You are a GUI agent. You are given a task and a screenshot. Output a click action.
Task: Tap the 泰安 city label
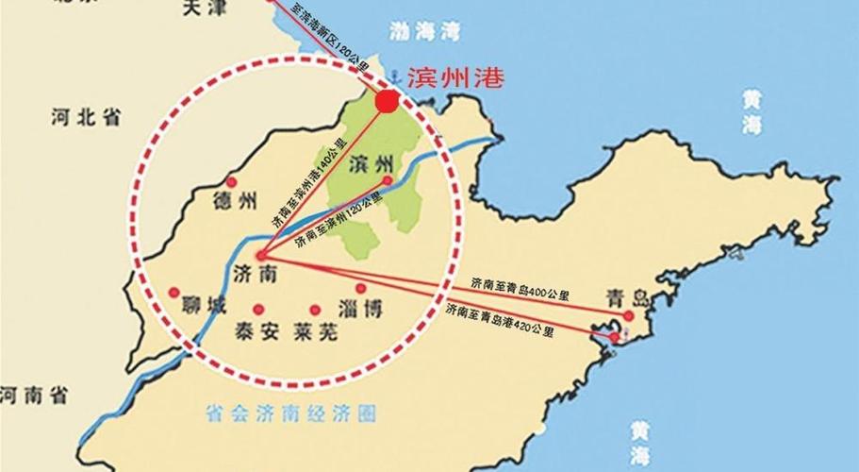coord(255,331)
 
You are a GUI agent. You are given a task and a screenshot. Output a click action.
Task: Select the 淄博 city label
coord(359,309)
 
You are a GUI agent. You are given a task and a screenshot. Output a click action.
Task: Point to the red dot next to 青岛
coord(628,315)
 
